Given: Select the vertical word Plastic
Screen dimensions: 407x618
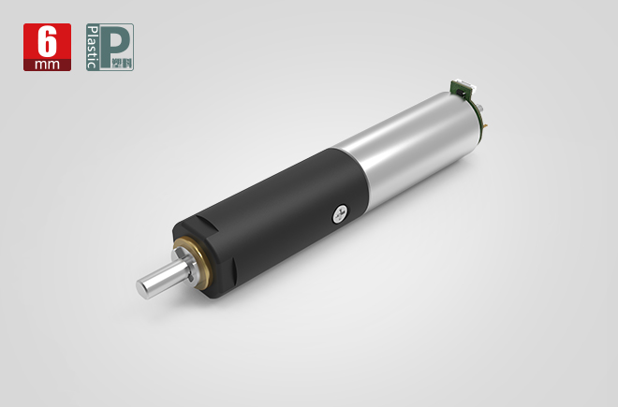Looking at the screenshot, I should [x=93, y=48].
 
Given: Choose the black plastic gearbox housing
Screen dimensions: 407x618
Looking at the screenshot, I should [x=272, y=220].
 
